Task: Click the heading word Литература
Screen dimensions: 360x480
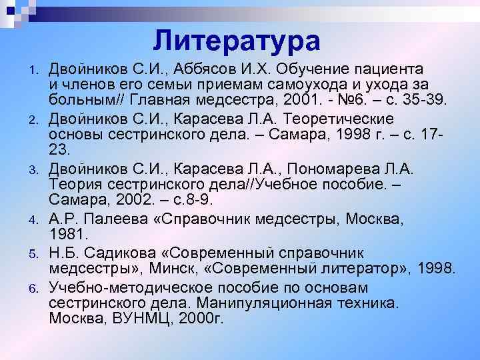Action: click(236, 41)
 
